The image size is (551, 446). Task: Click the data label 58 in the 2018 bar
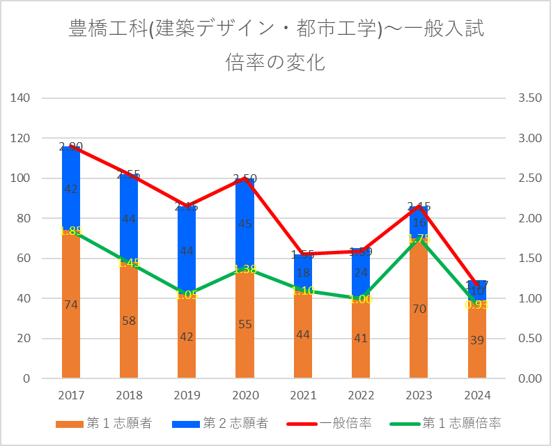129,321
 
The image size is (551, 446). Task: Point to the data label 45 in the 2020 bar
245,224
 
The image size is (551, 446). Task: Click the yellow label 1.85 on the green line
71,231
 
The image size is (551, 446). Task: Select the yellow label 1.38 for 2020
245,269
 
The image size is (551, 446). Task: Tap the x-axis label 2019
187,395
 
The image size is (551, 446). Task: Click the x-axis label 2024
477,395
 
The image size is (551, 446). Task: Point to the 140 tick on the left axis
22,98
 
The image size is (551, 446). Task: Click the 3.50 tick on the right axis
530,98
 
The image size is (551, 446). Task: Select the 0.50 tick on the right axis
530,339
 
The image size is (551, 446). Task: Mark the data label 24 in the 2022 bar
361,272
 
